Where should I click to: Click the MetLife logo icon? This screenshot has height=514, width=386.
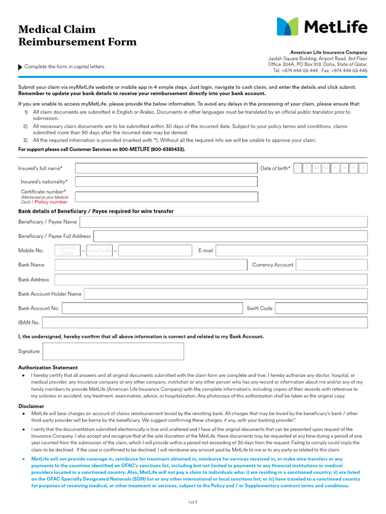pos(287,27)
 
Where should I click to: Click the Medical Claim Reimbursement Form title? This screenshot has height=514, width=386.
pos(77,36)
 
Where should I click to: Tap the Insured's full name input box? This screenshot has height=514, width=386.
pos(166,168)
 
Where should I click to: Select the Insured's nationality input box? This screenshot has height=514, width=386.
pos(166,182)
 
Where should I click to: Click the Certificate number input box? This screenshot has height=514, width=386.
pos(166,197)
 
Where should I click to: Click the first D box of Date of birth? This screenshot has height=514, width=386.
pos(298,168)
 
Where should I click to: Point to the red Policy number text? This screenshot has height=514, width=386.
pos(51,202)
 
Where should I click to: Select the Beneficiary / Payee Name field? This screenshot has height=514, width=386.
pos(224,222)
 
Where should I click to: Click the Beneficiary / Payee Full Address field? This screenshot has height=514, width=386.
pos(230,236)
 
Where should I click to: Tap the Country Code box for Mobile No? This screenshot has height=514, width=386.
pos(68,250)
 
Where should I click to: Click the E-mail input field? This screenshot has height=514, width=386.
pos(292,250)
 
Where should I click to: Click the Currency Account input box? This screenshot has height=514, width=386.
pos(332,265)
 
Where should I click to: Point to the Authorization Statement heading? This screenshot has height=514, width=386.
pos(48,367)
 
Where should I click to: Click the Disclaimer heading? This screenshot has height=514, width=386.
pos(31,406)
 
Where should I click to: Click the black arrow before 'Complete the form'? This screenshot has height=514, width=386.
pos(20,67)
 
